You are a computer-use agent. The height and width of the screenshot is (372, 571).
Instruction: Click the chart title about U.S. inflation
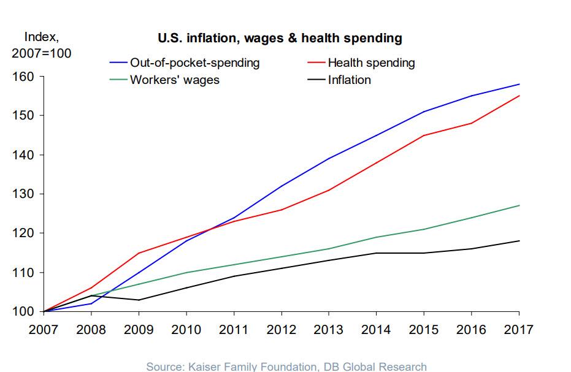280,39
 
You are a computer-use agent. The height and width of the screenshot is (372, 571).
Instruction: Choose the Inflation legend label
349,80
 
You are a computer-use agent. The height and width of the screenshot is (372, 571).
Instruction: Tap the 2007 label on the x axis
44,330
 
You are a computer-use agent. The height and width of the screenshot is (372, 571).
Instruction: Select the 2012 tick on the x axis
282,330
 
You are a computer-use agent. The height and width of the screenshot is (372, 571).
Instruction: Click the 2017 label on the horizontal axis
519,330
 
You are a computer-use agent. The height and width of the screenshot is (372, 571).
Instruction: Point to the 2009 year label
139,330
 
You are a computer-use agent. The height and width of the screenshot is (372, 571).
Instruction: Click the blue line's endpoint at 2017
519,84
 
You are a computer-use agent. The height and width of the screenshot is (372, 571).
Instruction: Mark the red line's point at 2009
139,252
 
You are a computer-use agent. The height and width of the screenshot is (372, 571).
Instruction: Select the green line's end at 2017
519,205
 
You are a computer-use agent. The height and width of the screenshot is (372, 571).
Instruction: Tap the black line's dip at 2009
139,300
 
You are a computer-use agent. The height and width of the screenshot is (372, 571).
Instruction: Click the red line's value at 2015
424,135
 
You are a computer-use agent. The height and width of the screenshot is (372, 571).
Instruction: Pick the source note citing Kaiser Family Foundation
286,366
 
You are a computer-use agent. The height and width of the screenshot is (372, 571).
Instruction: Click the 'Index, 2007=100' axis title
41,45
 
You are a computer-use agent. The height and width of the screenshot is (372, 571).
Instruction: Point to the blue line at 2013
329,159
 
